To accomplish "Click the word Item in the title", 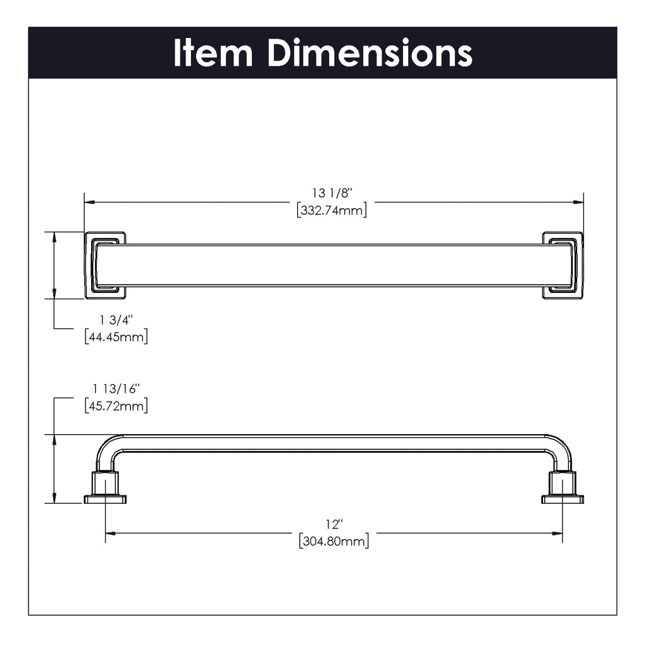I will coord(213,53).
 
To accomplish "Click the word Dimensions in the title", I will coord(370,53).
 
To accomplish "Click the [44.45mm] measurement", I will coord(116,337).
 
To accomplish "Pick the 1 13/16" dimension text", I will coord(116,389).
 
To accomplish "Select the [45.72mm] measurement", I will coord(116,406).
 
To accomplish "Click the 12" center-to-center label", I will coord(333,525).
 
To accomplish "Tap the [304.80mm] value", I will coord(333,541).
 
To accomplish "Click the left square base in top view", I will coord(105,265).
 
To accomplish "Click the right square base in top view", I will coord(563,265).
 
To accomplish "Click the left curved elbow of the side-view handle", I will coord(106,449).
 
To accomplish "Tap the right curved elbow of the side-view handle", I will coord(561,449).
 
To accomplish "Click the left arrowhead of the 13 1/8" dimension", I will coord(89,202).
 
